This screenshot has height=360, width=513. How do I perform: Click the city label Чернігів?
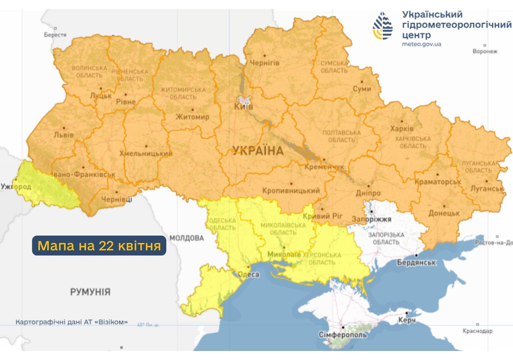264,63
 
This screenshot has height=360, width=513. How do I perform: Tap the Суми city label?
362,89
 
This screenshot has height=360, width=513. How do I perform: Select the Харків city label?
402,128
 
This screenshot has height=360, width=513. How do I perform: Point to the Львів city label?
64,135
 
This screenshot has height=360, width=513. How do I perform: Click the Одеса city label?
249,274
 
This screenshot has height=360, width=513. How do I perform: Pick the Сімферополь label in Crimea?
342,334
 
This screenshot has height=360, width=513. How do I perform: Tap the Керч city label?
407,320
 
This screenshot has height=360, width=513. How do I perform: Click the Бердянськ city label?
416,262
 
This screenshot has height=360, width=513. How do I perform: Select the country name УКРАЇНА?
258,151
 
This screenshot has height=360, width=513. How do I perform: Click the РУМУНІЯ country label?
90,292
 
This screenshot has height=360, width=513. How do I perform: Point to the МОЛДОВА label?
187,238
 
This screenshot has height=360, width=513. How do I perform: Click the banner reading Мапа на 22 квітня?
99,246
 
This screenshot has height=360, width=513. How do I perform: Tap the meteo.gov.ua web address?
421,44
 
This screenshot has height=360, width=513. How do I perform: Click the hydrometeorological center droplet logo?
382,26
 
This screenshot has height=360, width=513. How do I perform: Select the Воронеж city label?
485,51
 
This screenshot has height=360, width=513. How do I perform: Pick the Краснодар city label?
477,331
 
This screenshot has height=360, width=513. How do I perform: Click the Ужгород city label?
16,186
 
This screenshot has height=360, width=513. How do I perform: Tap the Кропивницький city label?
291,191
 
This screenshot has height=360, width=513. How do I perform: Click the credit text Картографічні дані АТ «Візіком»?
72,322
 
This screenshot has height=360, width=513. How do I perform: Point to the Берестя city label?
55,34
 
